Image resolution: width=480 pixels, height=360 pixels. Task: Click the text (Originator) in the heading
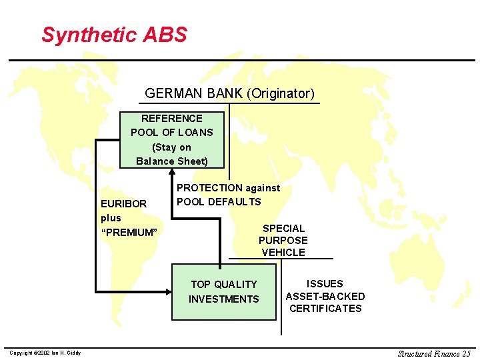[x=279, y=93]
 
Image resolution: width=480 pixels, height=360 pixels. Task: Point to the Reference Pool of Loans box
[x=172, y=139]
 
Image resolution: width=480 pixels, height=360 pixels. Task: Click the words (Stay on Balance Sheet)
[x=172, y=154]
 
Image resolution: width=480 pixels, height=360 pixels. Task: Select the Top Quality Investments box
[x=223, y=292]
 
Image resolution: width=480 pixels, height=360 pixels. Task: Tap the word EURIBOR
[x=123, y=203]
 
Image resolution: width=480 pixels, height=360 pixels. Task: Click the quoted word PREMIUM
[x=129, y=232]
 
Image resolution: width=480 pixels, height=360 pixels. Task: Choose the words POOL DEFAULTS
[x=219, y=201]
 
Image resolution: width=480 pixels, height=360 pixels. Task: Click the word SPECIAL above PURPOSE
[x=283, y=228]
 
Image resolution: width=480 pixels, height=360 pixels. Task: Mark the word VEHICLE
[x=283, y=252]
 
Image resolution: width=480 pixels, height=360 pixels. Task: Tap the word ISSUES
[x=325, y=284]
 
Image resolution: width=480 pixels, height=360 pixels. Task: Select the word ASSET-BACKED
[x=325, y=296]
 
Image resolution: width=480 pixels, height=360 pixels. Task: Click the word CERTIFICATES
[x=325, y=308]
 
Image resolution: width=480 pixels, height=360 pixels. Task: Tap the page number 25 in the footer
[x=465, y=353]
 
